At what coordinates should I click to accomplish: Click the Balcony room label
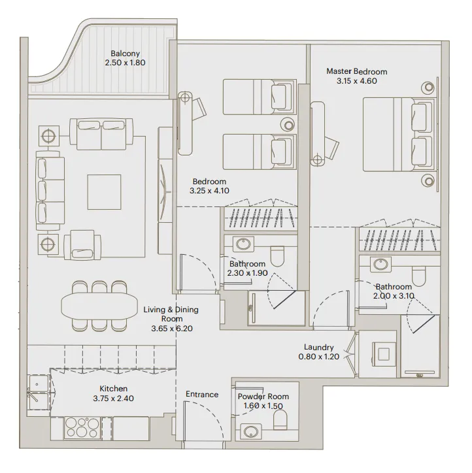(124, 53)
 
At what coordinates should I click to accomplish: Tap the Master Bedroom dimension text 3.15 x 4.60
(356, 81)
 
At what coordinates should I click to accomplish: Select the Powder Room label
(263, 397)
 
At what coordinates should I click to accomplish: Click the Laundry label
(319, 348)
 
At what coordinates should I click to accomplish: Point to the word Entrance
(202, 394)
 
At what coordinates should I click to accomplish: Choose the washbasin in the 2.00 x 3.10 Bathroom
(379, 265)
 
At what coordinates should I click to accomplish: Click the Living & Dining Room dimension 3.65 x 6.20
(171, 329)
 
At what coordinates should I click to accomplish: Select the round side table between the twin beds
(287, 123)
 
